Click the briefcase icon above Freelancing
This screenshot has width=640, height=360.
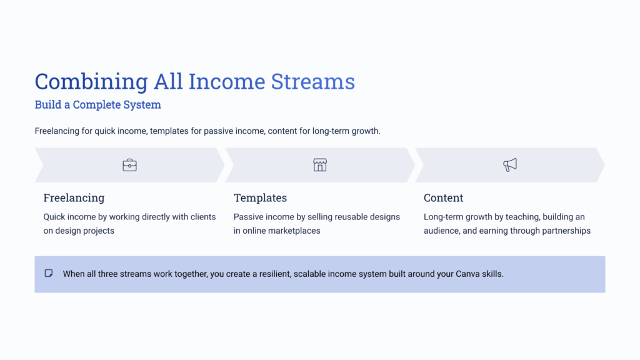point(129,165)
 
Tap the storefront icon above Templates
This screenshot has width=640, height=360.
point(320,165)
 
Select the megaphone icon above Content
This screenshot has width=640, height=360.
point(510,165)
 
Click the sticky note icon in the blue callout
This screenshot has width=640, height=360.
point(49,274)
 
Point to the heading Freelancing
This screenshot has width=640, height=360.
point(74,198)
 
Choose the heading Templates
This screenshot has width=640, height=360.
point(260,198)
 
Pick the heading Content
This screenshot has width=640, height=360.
point(443,198)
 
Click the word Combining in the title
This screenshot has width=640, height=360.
point(91,82)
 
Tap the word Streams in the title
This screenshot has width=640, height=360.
point(312,82)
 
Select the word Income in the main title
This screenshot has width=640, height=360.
point(226,82)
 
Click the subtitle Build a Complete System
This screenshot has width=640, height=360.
point(97,105)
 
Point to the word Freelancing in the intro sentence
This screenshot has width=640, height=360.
point(57,131)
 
